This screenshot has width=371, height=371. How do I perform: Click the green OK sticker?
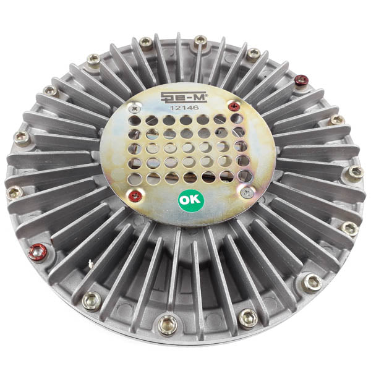pyautogui.click(x=190, y=200)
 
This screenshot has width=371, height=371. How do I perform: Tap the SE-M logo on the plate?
pyautogui.click(x=184, y=97)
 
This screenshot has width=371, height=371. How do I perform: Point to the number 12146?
pyautogui.click(x=184, y=108)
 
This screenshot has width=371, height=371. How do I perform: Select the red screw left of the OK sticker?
pyautogui.click(x=135, y=195)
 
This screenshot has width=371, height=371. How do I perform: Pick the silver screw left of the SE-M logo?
pyautogui.click(x=135, y=109)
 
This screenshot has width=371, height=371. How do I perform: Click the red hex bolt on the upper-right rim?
pyautogui.click(x=302, y=80)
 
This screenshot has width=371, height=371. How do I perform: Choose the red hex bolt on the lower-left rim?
pyautogui.click(x=38, y=253)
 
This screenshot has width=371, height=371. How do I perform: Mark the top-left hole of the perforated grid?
pyautogui.click(x=134, y=120)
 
